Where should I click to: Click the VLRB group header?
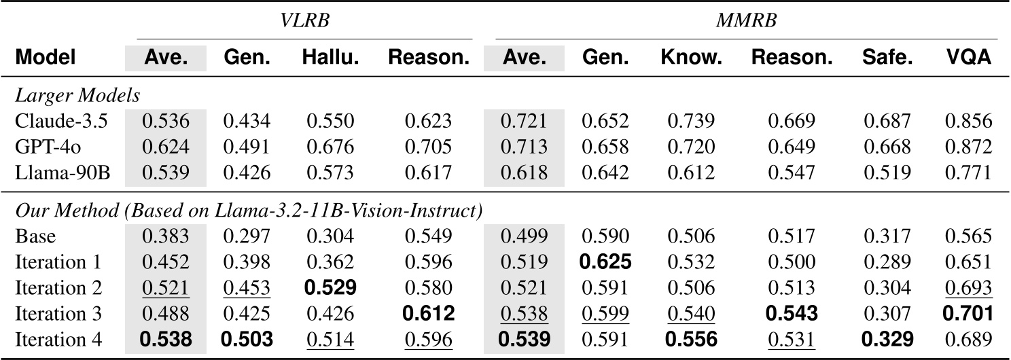click(x=304, y=21)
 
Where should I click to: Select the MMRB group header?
click(x=746, y=21)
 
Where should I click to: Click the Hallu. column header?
click(x=330, y=58)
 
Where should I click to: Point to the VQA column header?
click(x=969, y=58)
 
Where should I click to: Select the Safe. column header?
click(x=887, y=58)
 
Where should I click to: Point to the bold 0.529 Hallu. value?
click(x=330, y=287)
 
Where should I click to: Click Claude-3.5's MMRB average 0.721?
click(x=524, y=122)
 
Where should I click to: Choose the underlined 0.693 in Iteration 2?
click(x=969, y=287)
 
